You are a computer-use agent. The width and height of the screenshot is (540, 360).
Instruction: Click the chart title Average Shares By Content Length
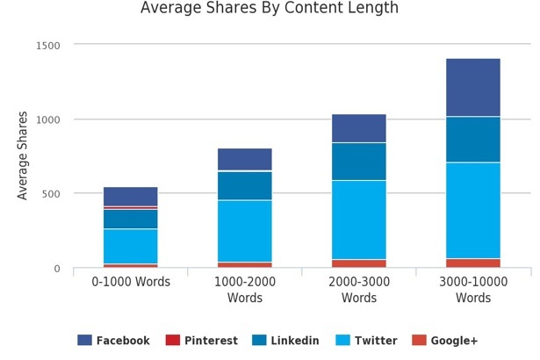pos(270,9)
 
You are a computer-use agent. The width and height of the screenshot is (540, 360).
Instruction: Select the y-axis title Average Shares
pos(23,155)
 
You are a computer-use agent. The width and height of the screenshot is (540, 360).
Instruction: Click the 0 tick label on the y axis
pos(57,269)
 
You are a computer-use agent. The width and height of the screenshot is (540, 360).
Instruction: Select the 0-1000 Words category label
pos(131,282)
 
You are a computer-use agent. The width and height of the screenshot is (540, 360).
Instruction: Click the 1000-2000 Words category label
pos(245,290)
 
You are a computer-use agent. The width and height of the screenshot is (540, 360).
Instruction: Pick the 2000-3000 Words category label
pos(359,290)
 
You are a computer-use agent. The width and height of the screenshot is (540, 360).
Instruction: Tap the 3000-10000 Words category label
pos(473,290)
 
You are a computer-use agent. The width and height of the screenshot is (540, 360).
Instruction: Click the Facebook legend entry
pos(113,341)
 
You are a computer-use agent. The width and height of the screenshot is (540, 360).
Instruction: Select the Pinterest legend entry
pos(201,341)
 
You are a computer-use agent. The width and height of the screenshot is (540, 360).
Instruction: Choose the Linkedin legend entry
pos(284,341)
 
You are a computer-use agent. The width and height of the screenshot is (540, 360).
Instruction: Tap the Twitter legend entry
pos(366,341)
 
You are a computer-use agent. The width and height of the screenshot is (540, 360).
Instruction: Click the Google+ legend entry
pos(443,341)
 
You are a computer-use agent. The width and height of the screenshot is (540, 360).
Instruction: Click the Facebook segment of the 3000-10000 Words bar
pos(473,87)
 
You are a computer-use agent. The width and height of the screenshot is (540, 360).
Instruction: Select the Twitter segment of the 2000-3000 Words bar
pos(359,220)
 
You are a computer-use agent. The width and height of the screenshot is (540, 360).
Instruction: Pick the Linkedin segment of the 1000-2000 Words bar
pos(245,185)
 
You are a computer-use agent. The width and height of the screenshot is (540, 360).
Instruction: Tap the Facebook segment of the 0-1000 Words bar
pos(131,196)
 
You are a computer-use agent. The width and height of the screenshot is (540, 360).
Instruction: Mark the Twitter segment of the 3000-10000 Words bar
pos(473,210)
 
